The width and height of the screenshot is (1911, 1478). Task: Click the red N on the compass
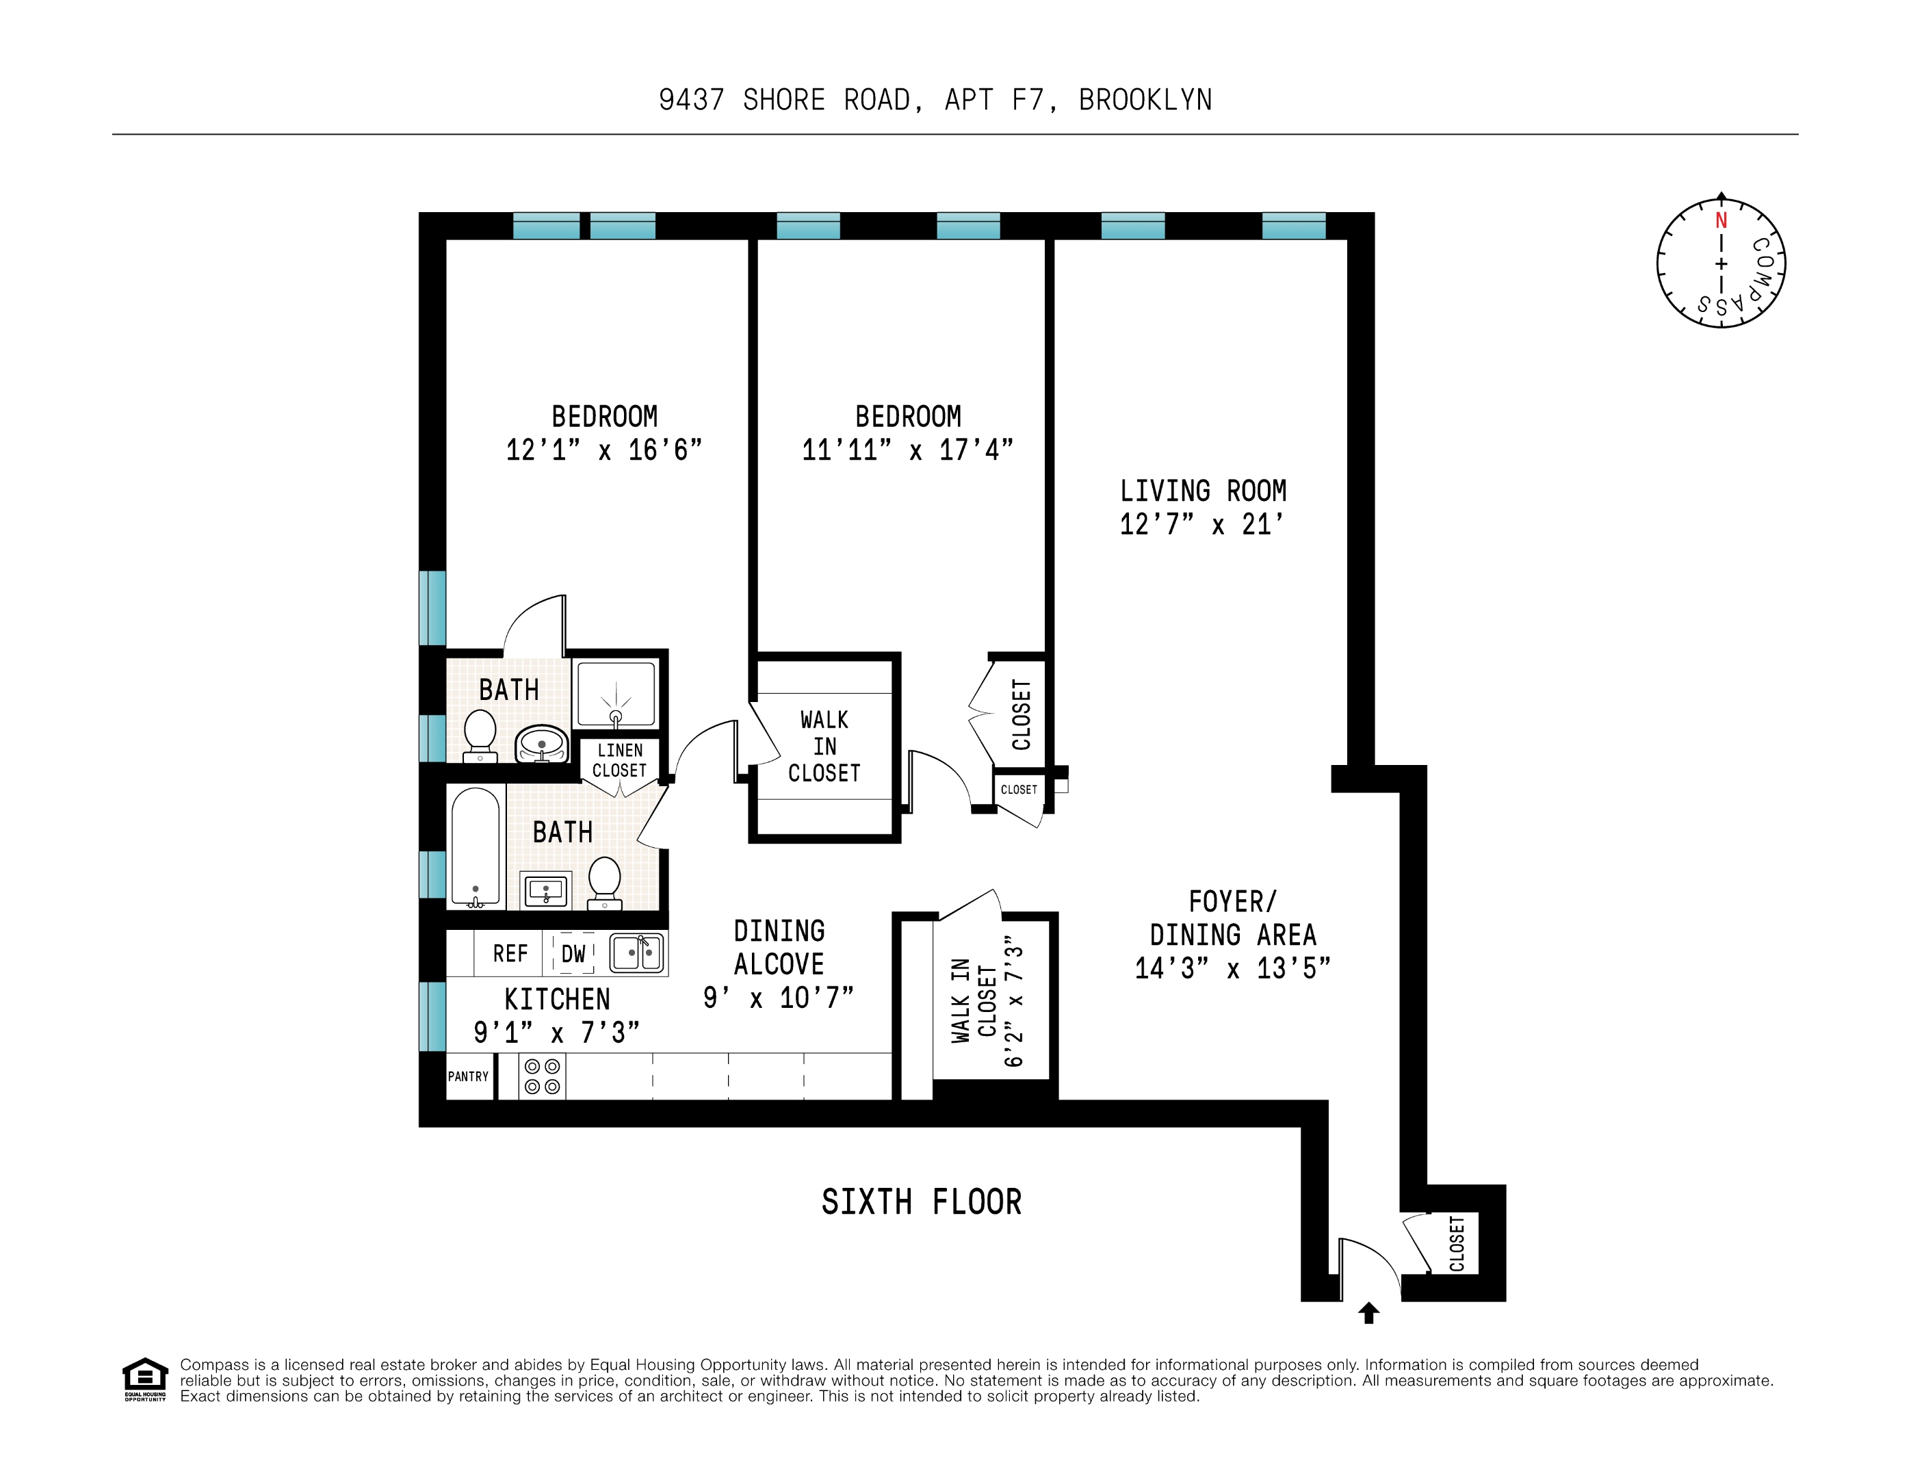click(1720, 220)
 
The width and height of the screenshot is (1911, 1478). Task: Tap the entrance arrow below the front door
click(1368, 1312)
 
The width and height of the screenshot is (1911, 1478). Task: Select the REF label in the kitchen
click(510, 953)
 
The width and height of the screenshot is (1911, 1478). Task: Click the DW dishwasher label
click(573, 953)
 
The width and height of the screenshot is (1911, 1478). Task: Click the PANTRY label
click(468, 1076)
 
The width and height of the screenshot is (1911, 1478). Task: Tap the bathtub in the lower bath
click(475, 846)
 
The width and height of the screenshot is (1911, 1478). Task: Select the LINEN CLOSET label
click(619, 760)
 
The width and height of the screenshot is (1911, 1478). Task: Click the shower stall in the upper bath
click(615, 695)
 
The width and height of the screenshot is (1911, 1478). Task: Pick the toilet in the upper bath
click(480, 734)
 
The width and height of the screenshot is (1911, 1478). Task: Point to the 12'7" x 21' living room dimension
click(1201, 524)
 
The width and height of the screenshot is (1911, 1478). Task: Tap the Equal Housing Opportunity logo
click(144, 1379)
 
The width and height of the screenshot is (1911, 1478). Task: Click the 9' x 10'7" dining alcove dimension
click(778, 998)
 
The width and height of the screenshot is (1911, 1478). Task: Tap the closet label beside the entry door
click(1457, 1243)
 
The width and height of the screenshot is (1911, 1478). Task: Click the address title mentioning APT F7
click(935, 100)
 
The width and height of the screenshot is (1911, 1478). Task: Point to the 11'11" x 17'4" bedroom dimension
click(907, 450)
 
